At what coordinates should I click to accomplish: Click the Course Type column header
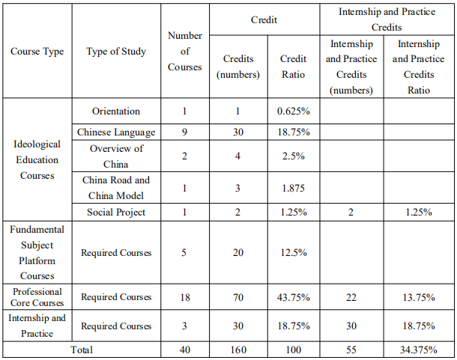[x=37, y=51]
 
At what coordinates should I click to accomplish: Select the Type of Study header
[x=116, y=51]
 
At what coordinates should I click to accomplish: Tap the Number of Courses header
[x=185, y=51]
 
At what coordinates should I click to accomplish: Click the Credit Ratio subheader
[x=293, y=67]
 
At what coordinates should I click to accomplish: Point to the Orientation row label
[x=116, y=111]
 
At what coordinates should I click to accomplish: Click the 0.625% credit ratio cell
[x=293, y=111]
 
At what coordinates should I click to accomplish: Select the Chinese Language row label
[x=116, y=132]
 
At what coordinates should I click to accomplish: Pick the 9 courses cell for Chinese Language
[x=184, y=132]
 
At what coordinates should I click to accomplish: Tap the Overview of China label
[x=116, y=156]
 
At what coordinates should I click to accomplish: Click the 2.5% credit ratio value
[x=293, y=156]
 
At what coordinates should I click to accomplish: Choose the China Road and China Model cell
[x=116, y=188]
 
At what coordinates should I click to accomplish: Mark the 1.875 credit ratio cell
[x=293, y=188]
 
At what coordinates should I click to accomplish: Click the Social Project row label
[x=116, y=212]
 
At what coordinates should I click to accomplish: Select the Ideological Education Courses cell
[x=37, y=159]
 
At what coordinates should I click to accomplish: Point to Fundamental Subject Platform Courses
[x=37, y=252]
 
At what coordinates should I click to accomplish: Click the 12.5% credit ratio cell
[x=293, y=252]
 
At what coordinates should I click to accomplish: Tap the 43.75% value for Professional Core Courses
[x=293, y=297]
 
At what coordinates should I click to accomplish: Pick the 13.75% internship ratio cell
[x=419, y=297]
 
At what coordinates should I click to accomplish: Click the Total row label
[x=82, y=350]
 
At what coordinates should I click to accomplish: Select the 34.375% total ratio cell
[x=419, y=350]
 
